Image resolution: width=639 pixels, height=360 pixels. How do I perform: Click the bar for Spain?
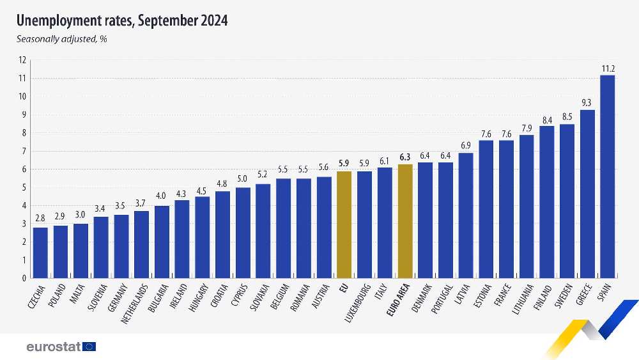coord(608,176)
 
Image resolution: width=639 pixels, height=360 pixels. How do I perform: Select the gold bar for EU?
coord(344,224)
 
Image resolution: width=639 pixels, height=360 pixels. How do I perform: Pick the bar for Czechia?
coord(40,253)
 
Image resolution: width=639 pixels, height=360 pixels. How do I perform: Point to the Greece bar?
coord(587,194)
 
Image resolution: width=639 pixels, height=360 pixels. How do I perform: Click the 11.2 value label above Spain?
coord(608,68)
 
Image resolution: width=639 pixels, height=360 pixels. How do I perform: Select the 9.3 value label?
coord(587,103)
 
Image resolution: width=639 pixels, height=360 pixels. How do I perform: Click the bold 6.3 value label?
coord(405,157)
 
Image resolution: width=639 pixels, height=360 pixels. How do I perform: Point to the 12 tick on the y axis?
coord(22,60)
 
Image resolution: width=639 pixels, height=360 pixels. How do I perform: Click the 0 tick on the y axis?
coord(24,278)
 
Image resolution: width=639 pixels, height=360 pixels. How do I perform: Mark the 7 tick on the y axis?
coord(24,152)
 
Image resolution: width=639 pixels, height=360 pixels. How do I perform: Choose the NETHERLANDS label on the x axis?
coord(135,300)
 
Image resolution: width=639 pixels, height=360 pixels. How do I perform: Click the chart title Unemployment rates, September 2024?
coord(121,21)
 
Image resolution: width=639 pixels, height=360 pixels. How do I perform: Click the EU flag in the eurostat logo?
coord(89,347)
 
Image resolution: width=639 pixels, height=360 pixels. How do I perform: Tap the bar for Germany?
coord(121,246)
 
